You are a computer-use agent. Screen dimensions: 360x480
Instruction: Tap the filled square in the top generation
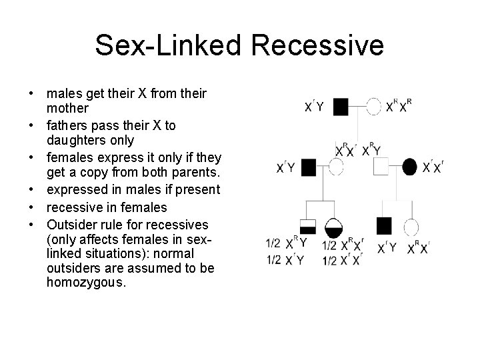[341, 106]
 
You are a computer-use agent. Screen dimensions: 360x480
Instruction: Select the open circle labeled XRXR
[375, 106]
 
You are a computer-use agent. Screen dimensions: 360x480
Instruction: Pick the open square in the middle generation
[380, 166]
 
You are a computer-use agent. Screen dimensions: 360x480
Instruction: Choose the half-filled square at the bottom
[307, 227]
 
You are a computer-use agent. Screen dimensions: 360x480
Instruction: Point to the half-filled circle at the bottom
[333, 227]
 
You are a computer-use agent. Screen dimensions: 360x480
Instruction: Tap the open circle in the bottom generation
[411, 227]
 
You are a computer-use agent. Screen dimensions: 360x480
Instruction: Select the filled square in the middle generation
[308, 167]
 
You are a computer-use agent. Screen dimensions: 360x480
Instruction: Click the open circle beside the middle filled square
[335, 167]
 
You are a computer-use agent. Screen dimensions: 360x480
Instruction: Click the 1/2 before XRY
[273, 243]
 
